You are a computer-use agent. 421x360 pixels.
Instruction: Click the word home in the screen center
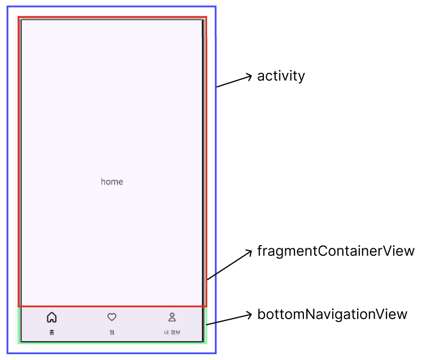(x=112, y=182)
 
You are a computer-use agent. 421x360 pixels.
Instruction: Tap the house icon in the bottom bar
(x=52, y=317)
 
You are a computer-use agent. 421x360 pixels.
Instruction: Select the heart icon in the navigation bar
(x=112, y=317)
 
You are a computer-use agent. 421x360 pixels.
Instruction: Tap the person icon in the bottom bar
(x=172, y=317)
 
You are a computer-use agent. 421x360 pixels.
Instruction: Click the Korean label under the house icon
(x=52, y=332)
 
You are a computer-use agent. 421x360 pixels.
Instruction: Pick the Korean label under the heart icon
(x=112, y=332)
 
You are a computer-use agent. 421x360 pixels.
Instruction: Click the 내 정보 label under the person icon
(x=172, y=332)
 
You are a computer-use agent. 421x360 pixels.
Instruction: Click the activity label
(x=281, y=76)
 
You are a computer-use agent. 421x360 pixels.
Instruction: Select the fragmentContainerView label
(x=335, y=250)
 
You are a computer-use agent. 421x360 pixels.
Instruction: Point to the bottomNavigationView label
(x=332, y=314)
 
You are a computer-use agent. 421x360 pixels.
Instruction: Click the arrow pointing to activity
(x=233, y=81)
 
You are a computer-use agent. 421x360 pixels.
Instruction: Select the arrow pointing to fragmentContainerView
(x=229, y=265)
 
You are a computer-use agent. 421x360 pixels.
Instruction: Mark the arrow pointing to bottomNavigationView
(x=229, y=320)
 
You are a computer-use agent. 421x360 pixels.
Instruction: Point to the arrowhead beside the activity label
(x=249, y=77)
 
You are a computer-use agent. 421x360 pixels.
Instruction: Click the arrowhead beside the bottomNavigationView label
(x=249, y=315)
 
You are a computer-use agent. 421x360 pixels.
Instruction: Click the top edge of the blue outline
(x=111, y=7)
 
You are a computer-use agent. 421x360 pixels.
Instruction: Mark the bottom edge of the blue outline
(x=111, y=353)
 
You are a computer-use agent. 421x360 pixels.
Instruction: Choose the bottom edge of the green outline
(x=112, y=342)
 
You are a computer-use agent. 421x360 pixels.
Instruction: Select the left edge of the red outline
(x=19, y=160)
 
